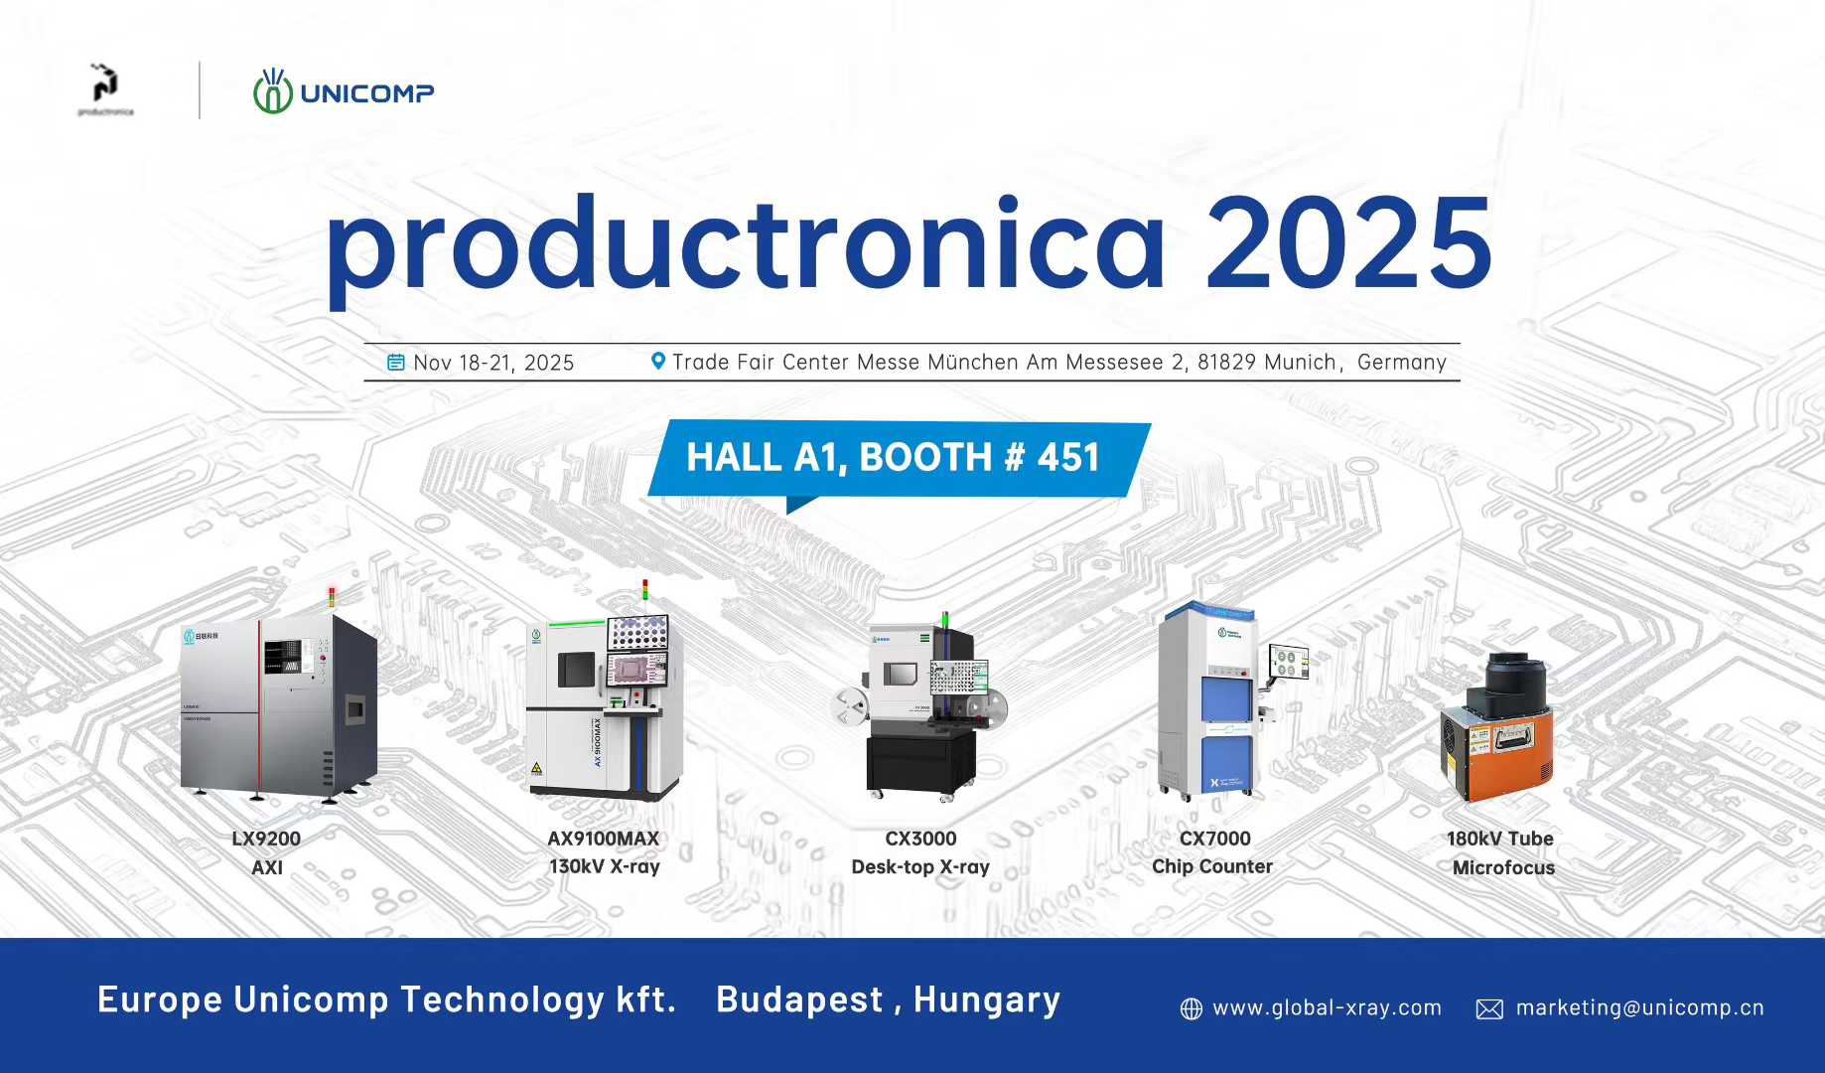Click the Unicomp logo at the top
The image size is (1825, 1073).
(x=343, y=92)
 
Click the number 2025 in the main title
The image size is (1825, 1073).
(x=1347, y=243)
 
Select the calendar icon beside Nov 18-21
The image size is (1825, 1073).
(x=395, y=363)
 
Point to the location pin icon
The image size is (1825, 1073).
(x=657, y=362)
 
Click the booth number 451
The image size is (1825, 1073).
(x=1068, y=458)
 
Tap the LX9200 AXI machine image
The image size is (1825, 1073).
(x=279, y=704)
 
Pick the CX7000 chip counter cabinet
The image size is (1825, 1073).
(x=1211, y=700)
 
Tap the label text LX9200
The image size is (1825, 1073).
(x=266, y=839)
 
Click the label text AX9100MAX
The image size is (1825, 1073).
(x=604, y=839)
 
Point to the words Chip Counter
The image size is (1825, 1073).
(x=1211, y=866)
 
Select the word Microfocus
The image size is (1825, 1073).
(x=1503, y=867)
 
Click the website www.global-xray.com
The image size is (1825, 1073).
(x=1327, y=1007)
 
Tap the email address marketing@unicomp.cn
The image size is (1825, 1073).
(x=1639, y=1007)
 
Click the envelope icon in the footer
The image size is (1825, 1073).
(x=1489, y=1009)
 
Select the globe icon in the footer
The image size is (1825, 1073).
(x=1192, y=1009)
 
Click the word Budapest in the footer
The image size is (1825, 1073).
(x=799, y=999)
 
